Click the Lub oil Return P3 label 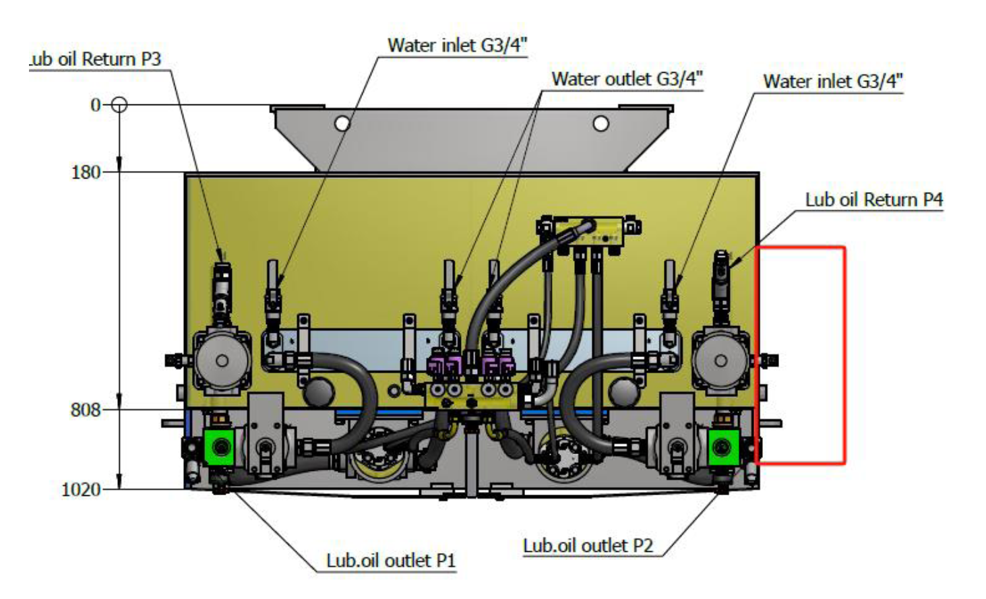pos(96,59)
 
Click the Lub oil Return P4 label pos(873,199)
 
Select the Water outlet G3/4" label pos(627,79)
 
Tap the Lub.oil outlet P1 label pos(391,561)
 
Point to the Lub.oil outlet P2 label pos(588,545)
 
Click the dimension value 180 pos(86,172)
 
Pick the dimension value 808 pos(86,410)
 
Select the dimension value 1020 pos(81,489)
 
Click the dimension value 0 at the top pos(96,105)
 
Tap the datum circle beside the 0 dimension pos(119,105)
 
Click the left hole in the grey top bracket pos(342,123)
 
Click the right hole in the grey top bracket pos(600,123)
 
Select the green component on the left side pos(218,446)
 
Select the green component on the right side pos(722,446)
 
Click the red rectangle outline pos(844,356)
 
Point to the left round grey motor pos(222,361)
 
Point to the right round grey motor pos(720,361)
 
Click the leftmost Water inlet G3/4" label pos(457,45)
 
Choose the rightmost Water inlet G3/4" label pos(832,82)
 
